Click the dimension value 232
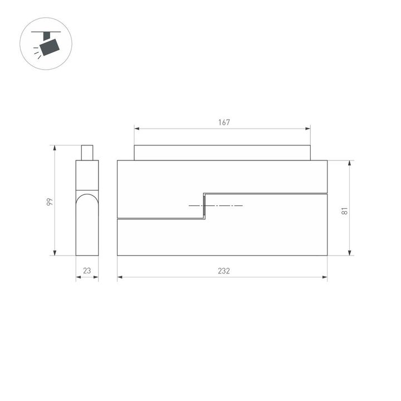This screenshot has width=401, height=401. click(224, 271)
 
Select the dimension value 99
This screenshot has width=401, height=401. click(49, 202)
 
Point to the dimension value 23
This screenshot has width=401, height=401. click(87, 271)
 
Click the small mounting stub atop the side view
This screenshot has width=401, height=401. click(87, 153)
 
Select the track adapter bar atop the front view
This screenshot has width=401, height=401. click(222, 153)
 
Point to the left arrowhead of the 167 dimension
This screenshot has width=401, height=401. click(136, 129)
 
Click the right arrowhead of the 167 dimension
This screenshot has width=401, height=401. click(309, 129)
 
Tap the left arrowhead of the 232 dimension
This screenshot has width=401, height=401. click(119, 277)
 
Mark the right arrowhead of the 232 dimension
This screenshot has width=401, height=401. click(325, 277)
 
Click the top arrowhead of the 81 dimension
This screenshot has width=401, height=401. click(350, 163)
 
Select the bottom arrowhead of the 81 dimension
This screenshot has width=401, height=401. click(350, 253)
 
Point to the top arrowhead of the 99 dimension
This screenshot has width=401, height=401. click(55, 148)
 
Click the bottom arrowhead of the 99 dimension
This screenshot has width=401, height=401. click(55, 253)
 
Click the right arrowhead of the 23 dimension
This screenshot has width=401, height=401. click(96, 277)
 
